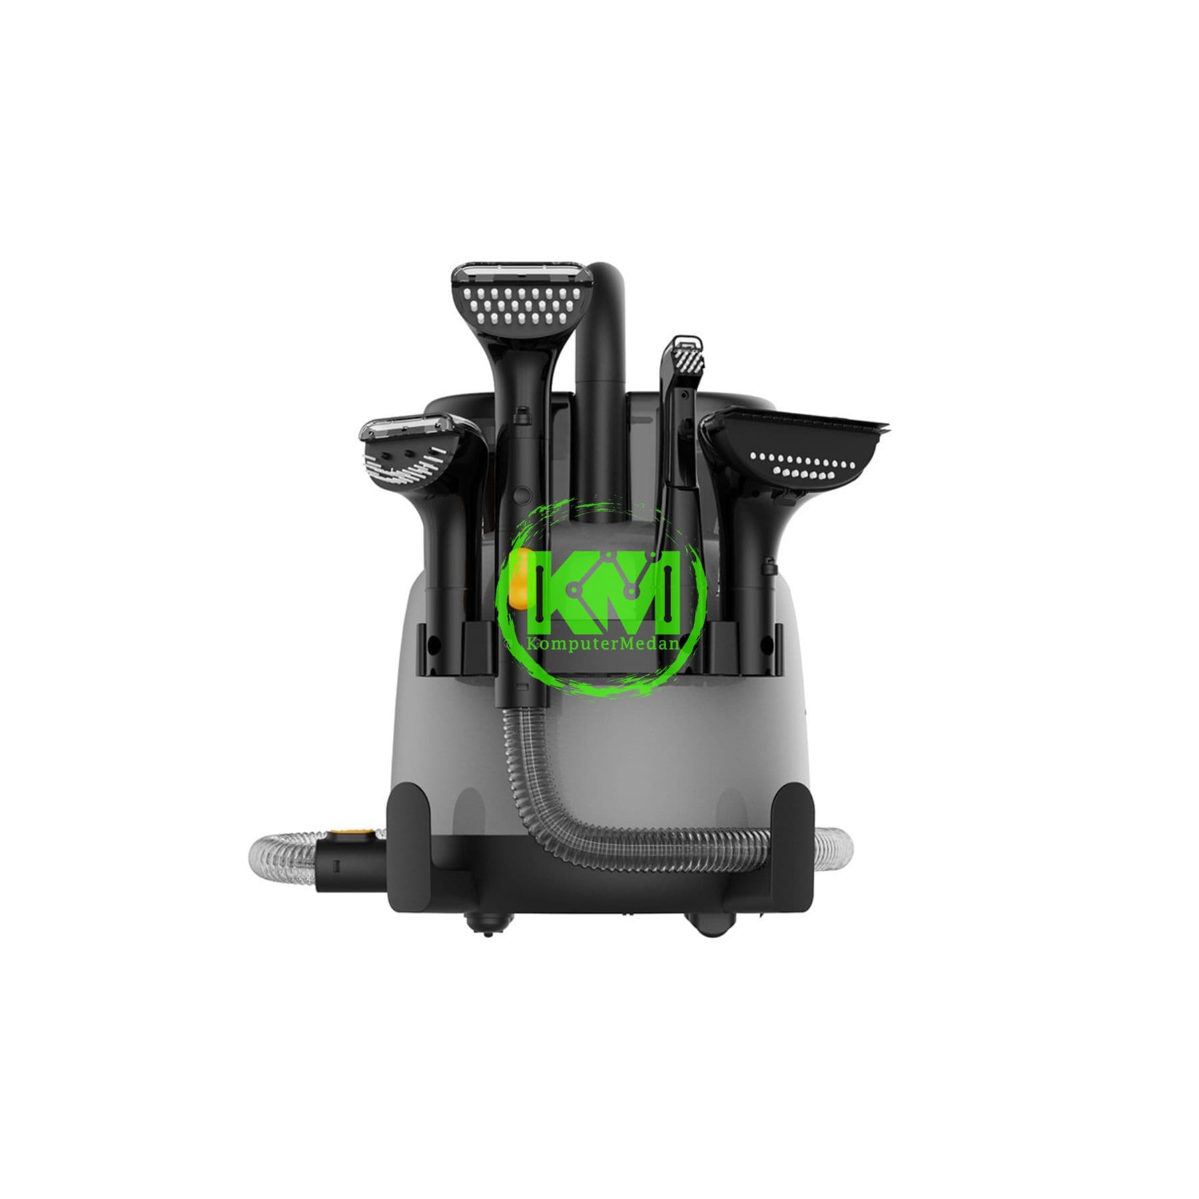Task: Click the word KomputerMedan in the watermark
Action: (601, 644)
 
